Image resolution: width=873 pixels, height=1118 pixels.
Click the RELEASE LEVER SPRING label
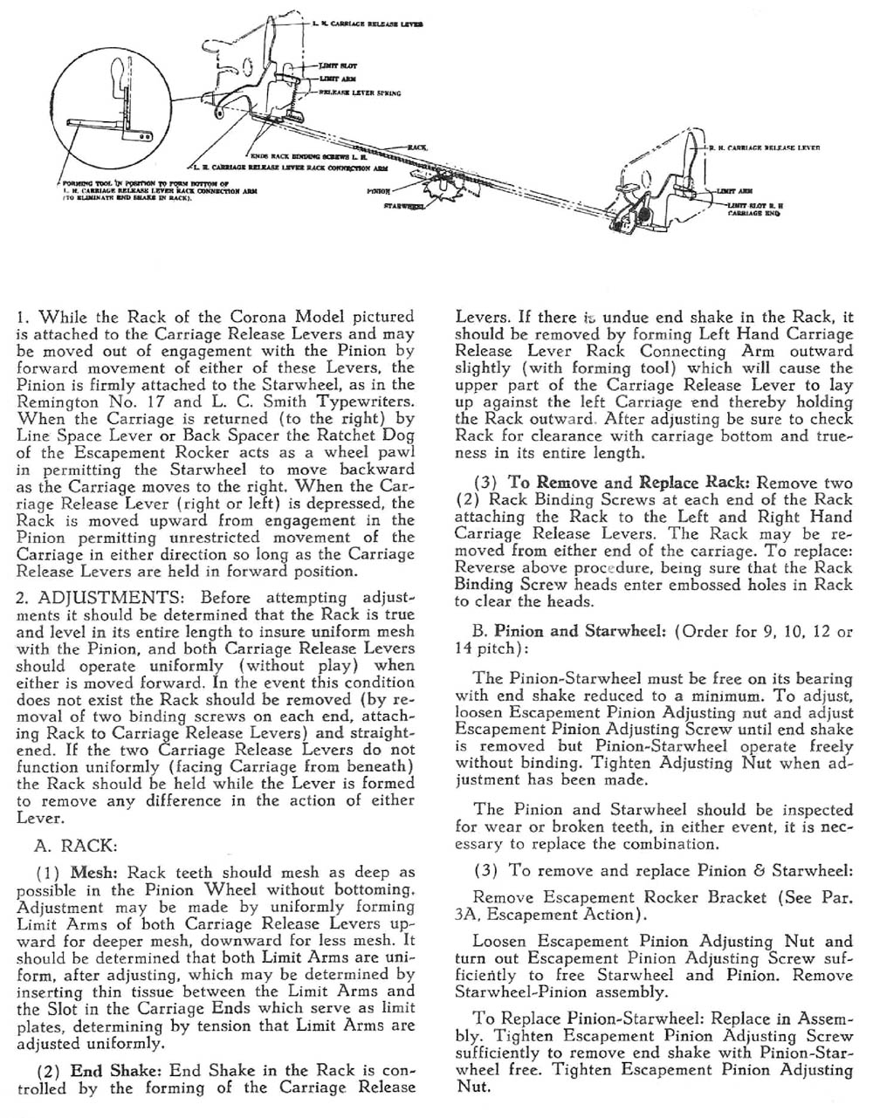pos(360,92)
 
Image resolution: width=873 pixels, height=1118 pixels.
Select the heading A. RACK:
pos(77,845)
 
